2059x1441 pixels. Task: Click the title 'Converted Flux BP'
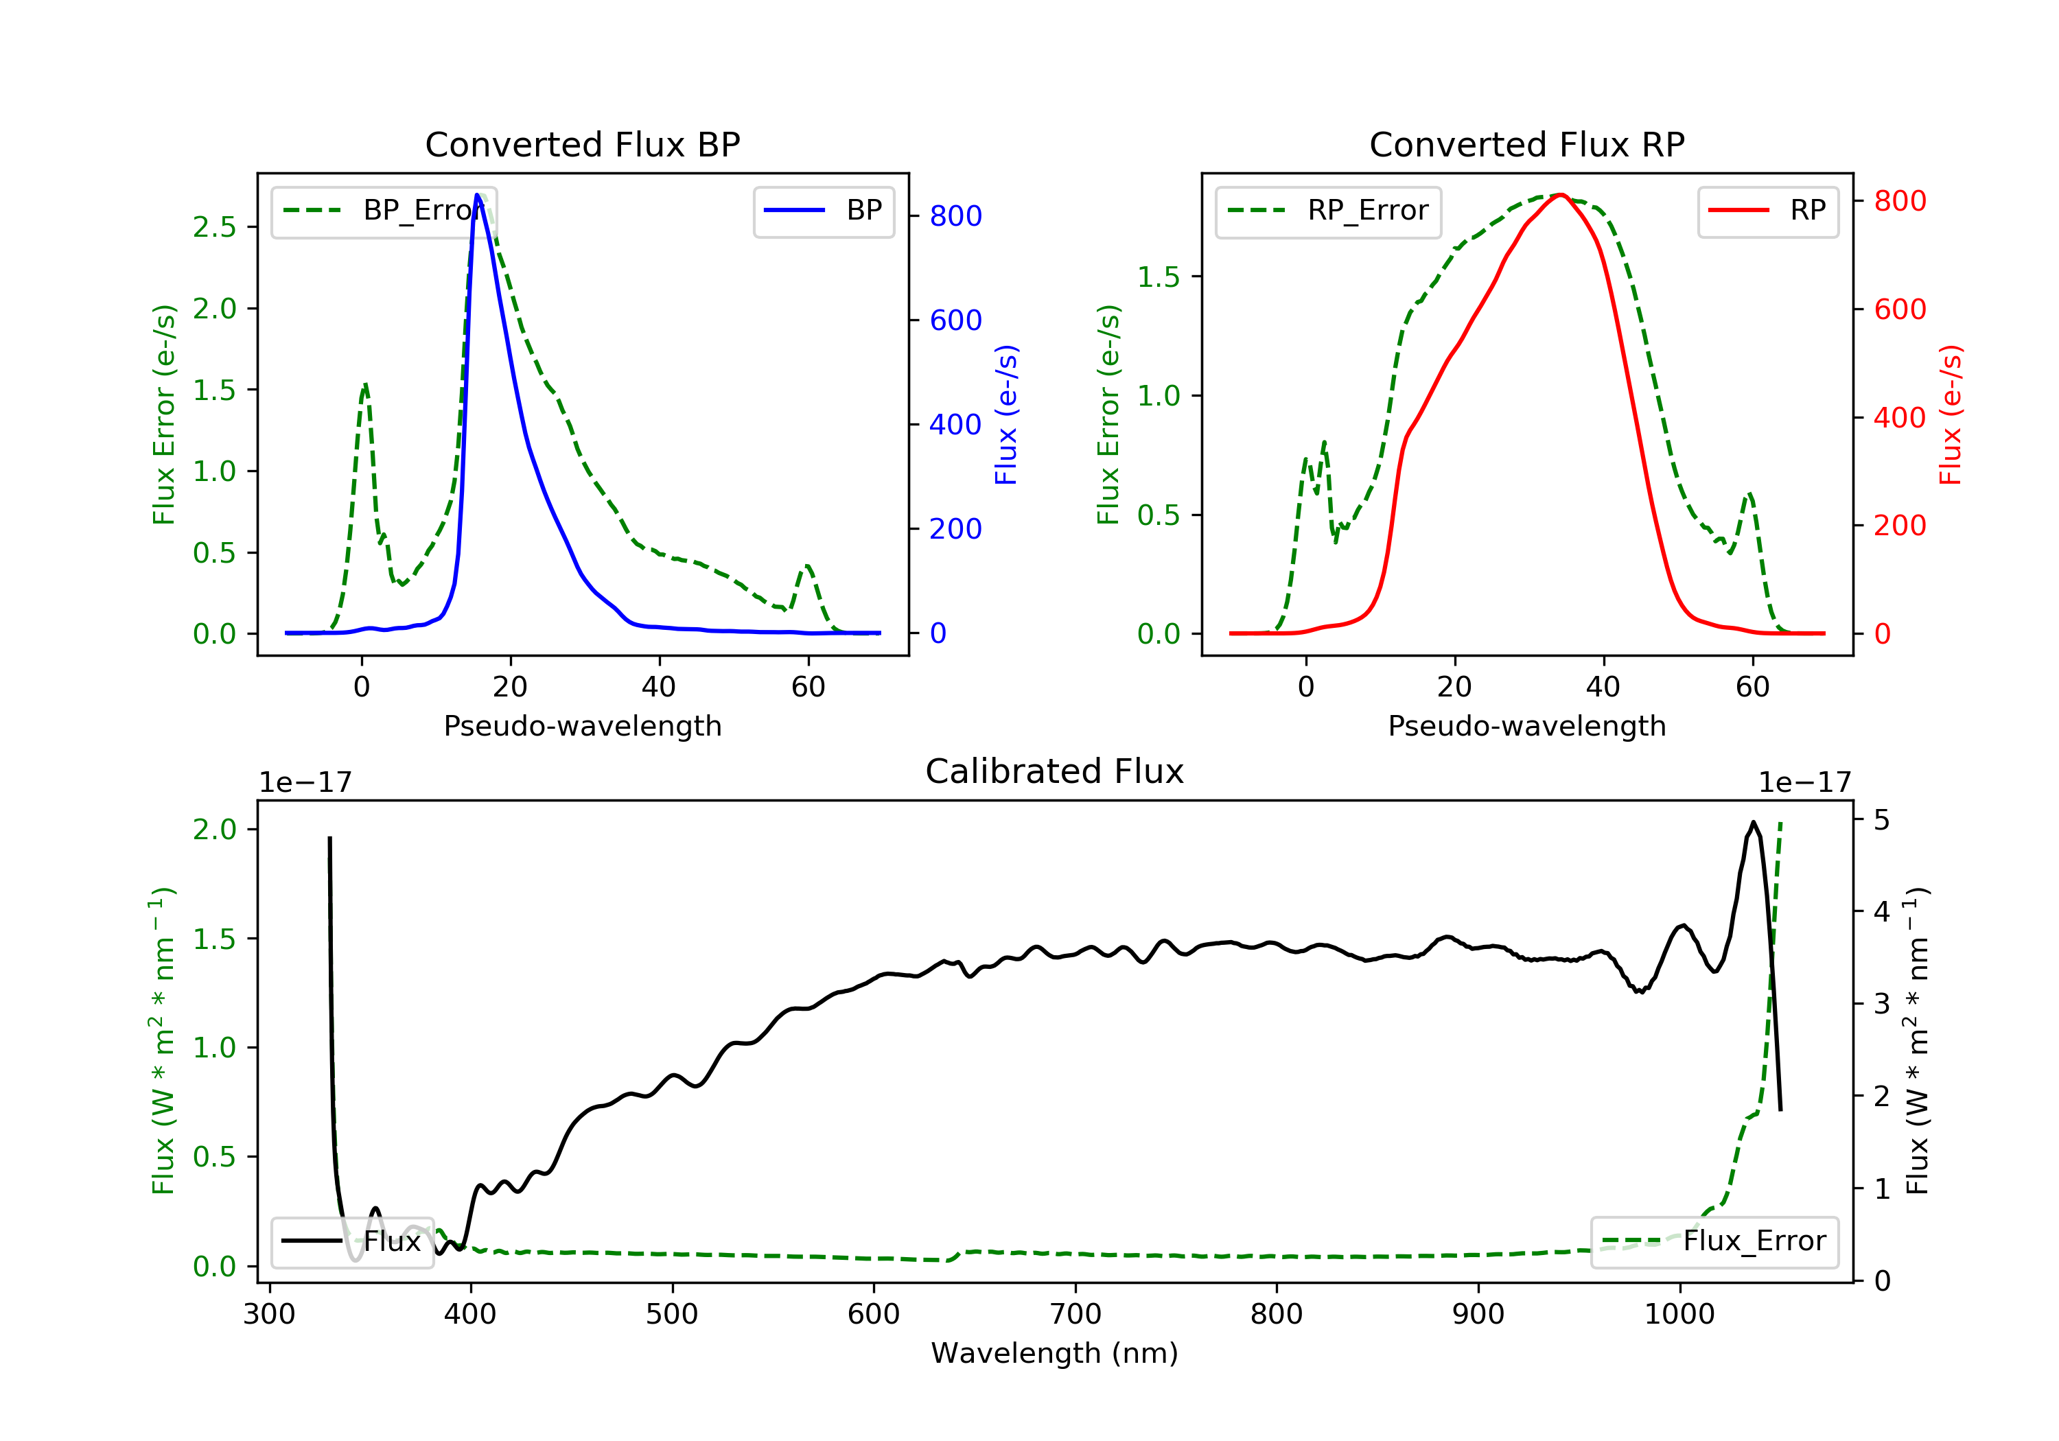pyautogui.click(x=582, y=144)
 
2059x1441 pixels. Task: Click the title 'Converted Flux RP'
pyautogui.click(x=1526, y=144)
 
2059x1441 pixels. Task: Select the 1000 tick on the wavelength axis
pyautogui.click(x=1679, y=1315)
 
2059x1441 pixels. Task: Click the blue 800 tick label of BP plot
pyautogui.click(x=955, y=216)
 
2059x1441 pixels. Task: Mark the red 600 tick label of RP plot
pyautogui.click(x=1899, y=309)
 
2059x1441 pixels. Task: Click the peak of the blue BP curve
pyautogui.click(x=477, y=195)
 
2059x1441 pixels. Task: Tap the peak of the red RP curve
pyautogui.click(x=1561, y=195)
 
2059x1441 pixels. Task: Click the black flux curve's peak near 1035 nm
pyautogui.click(x=1752, y=822)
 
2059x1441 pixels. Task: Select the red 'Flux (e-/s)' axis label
pyautogui.click(x=1951, y=414)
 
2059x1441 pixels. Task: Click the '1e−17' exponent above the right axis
pyautogui.click(x=1804, y=783)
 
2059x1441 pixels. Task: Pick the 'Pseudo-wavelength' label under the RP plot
pyautogui.click(x=1526, y=725)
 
